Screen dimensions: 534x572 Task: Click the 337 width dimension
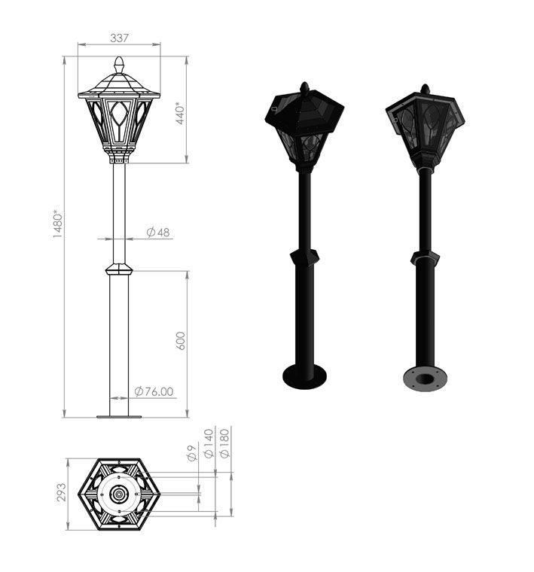(119, 38)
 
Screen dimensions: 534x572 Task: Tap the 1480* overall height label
(58, 224)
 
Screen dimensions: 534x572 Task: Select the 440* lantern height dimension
(180, 113)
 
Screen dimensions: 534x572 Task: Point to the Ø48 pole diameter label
(158, 232)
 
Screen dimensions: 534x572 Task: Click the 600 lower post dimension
(180, 341)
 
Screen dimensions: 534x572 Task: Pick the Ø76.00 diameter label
(154, 391)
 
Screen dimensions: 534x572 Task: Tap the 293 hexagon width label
(62, 492)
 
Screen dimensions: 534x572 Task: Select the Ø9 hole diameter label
(192, 453)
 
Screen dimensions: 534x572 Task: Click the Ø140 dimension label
(209, 443)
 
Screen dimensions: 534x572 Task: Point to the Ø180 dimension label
(225, 443)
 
